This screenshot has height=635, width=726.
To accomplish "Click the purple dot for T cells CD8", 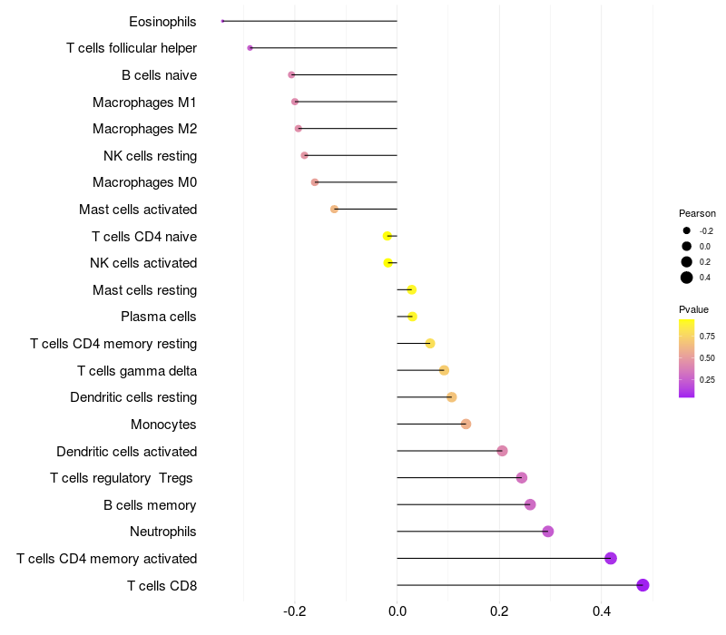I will click(x=643, y=585).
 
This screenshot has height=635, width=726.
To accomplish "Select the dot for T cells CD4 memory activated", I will click(x=611, y=558).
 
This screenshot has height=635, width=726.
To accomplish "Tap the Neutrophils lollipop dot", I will click(x=548, y=532).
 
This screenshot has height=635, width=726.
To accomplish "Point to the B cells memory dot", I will click(x=530, y=504).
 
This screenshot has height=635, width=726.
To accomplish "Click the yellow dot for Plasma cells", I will click(x=412, y=317).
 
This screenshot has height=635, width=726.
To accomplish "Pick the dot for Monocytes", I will click(x=466, y=424).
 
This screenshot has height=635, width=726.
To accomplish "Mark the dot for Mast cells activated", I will click(x=334, y=209).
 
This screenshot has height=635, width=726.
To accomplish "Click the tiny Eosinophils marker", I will click(x=223, y=21).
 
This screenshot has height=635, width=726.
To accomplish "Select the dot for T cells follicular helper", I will click(x=250, y=48).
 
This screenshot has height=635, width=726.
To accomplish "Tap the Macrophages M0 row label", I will click(x=145, y=182).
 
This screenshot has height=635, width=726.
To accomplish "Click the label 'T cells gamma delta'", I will click(x=137, y=370).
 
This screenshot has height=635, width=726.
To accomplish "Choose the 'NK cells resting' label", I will click(x=150, y=155).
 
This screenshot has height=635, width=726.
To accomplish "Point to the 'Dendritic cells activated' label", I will click(x=127, y=451).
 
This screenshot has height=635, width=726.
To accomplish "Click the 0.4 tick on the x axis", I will click(x=601, y=612).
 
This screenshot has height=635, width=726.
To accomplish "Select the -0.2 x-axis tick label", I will click(x=295, y=612).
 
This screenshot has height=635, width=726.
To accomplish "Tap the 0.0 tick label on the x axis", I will click(x=397, y=612).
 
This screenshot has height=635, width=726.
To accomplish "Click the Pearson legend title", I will click(x=697, y=213).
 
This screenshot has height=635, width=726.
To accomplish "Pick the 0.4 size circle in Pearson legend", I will click(x=687, y=278).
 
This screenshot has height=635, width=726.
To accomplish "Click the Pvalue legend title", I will click(x=694, y=309).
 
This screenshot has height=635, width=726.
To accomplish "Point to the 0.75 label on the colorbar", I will click(x=707, y=336).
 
